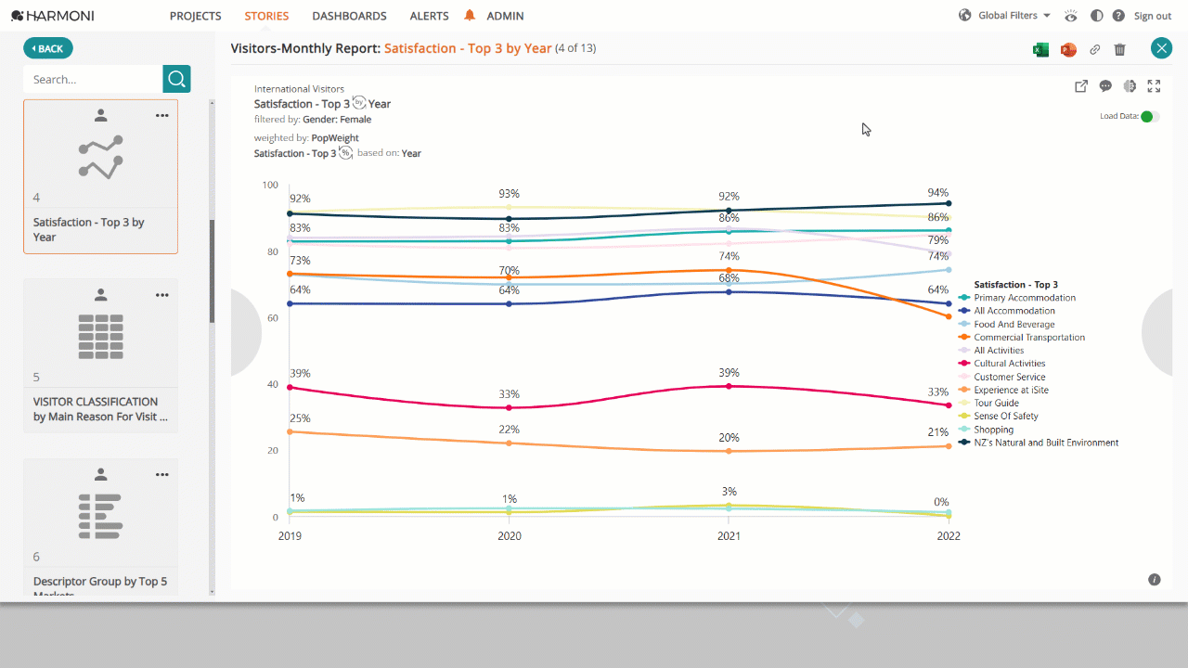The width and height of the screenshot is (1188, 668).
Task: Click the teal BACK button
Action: coord(47,49)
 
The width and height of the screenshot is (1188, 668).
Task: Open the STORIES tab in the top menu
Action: coord(266,16)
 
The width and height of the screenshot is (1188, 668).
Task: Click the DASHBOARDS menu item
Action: coord(349,16)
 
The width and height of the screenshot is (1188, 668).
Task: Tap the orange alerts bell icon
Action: coord(470,16)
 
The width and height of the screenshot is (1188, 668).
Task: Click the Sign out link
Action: coord(1152,16)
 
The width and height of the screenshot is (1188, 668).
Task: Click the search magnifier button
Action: coord(176,79)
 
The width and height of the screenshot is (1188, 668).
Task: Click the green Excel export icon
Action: coord(1040,49)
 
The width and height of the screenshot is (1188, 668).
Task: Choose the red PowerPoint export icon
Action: coord(1068,49)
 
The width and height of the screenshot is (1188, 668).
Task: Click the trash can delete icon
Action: coord(1119,49)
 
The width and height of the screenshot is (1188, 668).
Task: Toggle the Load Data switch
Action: coord(1150,116)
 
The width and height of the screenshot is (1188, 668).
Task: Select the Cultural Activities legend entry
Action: coord(1009,363)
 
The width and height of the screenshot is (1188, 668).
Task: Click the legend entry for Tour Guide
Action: coord(996,403)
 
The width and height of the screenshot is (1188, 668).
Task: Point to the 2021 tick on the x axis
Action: coord(729,536)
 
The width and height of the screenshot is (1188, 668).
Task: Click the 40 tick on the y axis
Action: coord(272,384)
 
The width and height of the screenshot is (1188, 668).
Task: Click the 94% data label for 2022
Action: coord(937,192)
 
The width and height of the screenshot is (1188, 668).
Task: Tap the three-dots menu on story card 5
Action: coord(162,295)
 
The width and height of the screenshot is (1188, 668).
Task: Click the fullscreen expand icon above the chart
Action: coord(1154,86)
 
